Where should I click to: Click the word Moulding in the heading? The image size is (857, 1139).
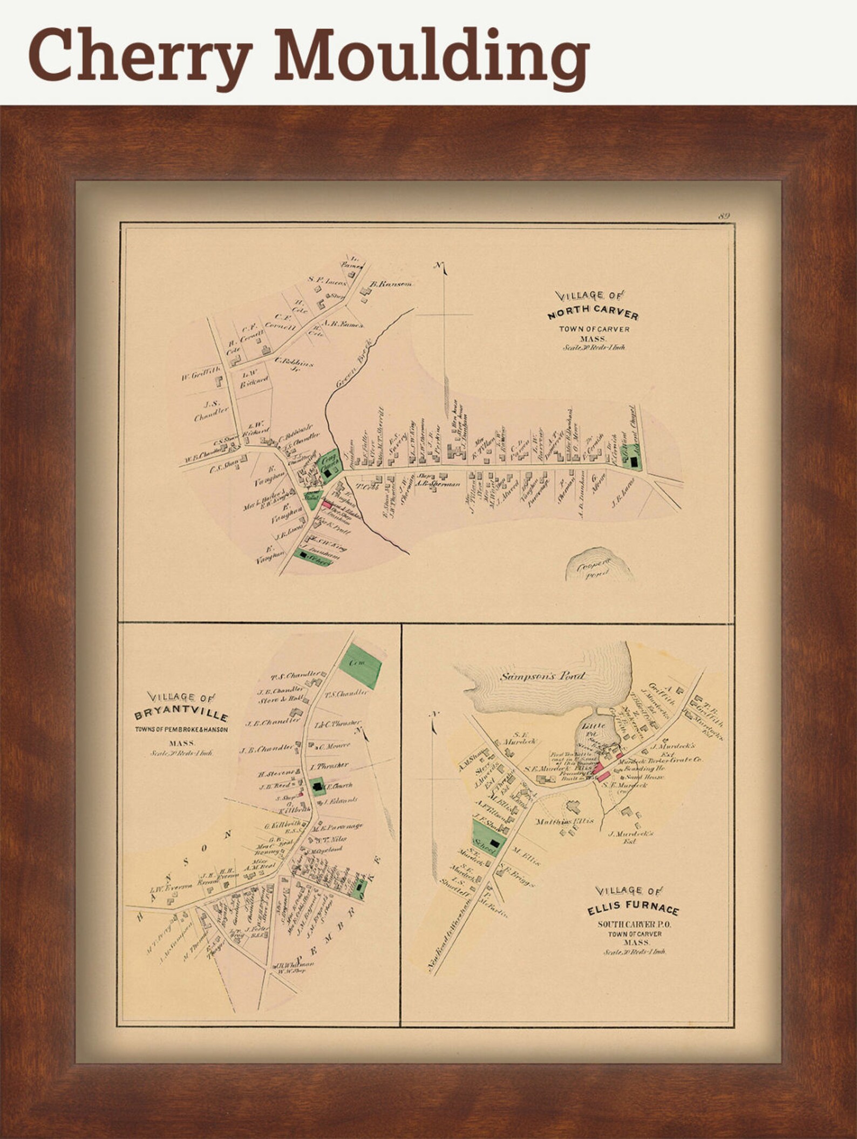(x=432, y=59)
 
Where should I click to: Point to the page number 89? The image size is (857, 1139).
(x=724, y=216)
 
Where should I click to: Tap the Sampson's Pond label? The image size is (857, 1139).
(x=542, y=675)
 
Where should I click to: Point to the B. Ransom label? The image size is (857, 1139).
(x=391, y=284)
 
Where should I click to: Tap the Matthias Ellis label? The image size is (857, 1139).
(x=564, y=821)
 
